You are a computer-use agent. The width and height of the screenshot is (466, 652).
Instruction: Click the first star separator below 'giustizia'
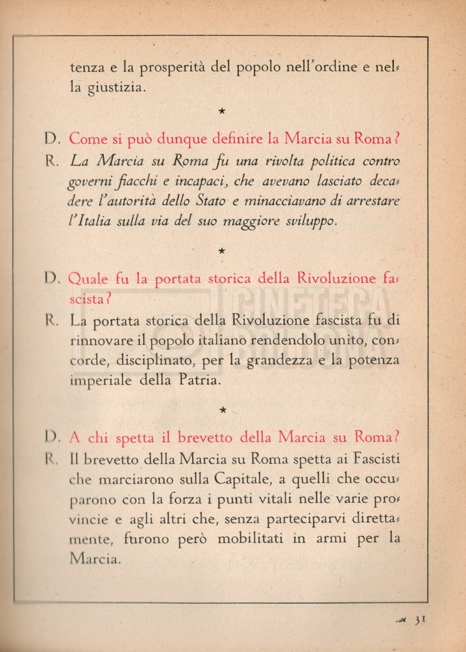point(221,111)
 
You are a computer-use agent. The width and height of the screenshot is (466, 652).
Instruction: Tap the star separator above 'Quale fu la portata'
point(221,252)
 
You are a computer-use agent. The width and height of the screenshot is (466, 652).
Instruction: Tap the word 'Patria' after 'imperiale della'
point(200,381)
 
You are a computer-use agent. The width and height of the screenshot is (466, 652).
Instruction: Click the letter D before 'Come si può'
point(52,138)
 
